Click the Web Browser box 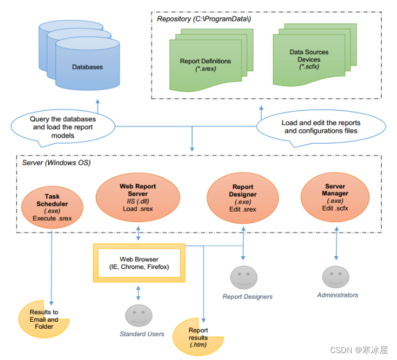[138, 263]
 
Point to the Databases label [87, 67]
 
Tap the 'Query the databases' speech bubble [63, 127]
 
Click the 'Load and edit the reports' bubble [321, 127]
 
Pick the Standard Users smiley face [138, 315]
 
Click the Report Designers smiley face [243, 278]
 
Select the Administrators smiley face [335, 276]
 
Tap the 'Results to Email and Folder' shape [44, 319]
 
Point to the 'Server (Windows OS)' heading [56, 163]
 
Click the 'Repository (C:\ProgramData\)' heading [204, 19]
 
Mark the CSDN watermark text [359, 350]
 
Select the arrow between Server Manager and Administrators [336, 246]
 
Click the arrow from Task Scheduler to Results [52, 267]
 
